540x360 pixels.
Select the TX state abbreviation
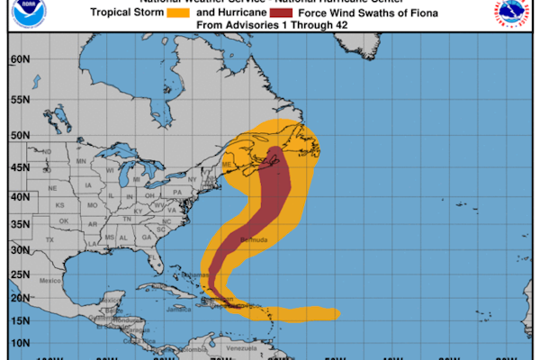pos(50,240)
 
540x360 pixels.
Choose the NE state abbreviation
pos(52,188)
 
